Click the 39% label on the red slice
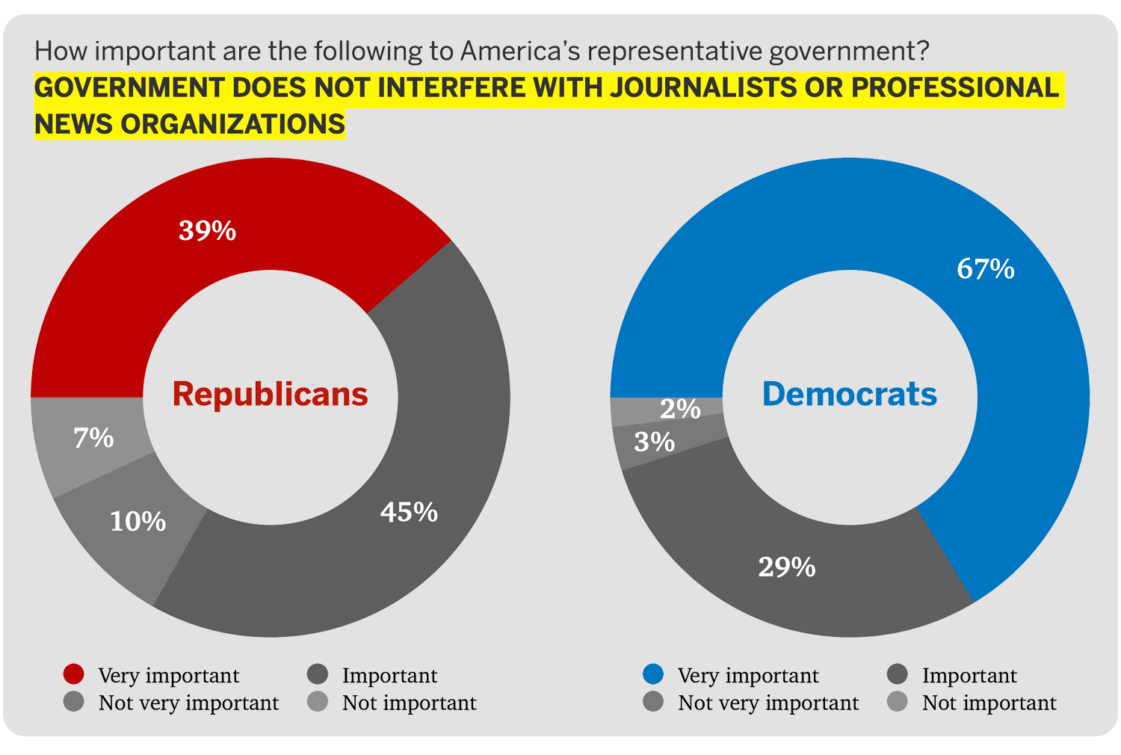point(207,230)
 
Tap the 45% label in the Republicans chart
point(409,512)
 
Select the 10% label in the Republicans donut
point(138,521)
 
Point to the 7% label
point(93,437)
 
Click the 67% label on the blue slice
point(985,268)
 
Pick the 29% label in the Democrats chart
point(786,567)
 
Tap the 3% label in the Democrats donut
point(654,442)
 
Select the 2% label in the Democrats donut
point(680,409)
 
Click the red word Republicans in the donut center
point(270,394)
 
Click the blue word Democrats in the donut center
point(849,394)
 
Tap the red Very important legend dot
point(74,674)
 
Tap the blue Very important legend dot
point(653,674)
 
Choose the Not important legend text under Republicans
point(409,703)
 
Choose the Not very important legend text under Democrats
point(768,703)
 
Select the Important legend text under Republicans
point(389,676)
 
